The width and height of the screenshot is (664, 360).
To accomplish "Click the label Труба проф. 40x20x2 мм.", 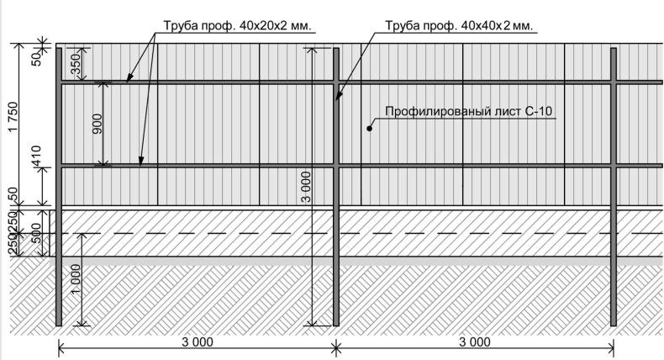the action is pos(238,25).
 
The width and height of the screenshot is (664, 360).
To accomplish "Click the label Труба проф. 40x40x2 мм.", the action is pos(459,25).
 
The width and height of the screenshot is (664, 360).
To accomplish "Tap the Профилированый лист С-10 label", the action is pos(469,112).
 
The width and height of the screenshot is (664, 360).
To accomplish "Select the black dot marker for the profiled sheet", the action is pos(369,128).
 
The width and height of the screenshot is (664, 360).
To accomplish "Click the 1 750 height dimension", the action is pos(13,117).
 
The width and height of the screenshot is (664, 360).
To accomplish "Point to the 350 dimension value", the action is pos(75,65).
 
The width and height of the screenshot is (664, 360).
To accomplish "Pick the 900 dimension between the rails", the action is pos(97,124).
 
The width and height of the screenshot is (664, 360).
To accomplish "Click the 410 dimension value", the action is pos(36,156).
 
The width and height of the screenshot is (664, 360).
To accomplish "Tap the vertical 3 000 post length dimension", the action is pos(306,187).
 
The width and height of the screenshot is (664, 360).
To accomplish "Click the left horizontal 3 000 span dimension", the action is pos(198,342).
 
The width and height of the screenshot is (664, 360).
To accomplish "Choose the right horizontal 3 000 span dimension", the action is pos(475,342).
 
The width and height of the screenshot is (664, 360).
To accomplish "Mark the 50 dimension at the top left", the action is pos(37,58).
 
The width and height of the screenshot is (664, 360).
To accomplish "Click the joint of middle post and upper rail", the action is pos(336,82).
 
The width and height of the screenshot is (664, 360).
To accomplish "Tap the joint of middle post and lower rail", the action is pos(336,166).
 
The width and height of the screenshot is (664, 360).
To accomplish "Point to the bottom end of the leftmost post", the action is pos(59,326).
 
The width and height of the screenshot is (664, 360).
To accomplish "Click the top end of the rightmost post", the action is pos(614,48).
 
